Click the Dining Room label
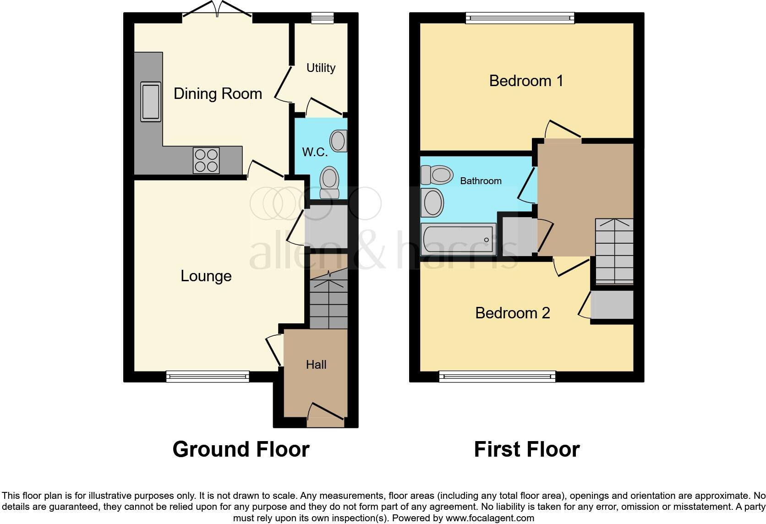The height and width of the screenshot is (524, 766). pos(218,94)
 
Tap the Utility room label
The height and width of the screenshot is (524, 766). pos(321,68)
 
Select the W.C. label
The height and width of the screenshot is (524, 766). pos(315,152)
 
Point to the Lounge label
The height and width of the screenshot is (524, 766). pos(206,276)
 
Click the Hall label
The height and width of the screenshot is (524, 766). pos(316,365)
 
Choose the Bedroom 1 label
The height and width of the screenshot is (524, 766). pos(526,81)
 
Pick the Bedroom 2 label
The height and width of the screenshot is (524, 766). pos(512,313)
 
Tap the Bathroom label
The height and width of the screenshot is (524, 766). pos(481,181)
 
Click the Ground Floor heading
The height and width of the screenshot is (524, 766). pos(241,449)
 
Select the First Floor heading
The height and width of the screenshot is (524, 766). pos(527,449)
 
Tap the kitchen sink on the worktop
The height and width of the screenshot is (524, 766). pos(151,102)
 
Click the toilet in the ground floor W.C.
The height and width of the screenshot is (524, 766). pos(329,182)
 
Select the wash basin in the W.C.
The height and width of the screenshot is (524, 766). pos(339,141)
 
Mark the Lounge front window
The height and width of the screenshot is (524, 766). pos(208,377)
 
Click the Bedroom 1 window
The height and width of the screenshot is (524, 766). pos(520,18)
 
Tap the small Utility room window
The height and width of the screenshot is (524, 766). pos(322,18)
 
